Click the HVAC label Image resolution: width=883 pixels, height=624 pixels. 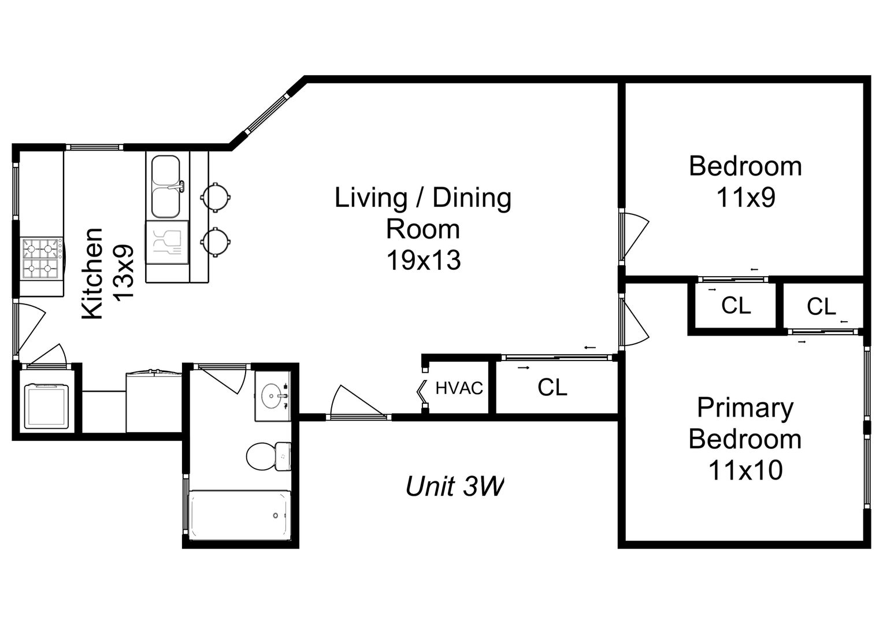click(459, 388)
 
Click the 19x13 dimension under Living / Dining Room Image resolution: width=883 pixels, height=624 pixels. click(424, 260)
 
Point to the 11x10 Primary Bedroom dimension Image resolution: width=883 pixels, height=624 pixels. click(745, 470)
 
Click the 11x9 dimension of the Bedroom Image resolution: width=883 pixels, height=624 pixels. click(746, 197)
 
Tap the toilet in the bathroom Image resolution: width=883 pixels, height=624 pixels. click(268, 456)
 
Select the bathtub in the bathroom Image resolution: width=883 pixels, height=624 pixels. click(240, 515)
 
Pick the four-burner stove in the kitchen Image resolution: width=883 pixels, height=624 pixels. click(42, 258)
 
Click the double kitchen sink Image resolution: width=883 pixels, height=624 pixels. click(167, 187)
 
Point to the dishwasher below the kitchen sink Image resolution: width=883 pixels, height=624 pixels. click(167, 242)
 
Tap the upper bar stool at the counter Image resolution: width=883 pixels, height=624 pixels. click(215, 197)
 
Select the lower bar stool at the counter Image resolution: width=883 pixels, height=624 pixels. click(215, 242)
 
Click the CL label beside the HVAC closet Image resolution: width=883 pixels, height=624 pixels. click(552, 388)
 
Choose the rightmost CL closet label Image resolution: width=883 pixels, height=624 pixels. click(821, 306)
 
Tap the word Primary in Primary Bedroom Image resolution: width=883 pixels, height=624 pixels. click(745, 408)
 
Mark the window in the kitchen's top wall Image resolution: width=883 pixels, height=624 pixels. click(95, 147)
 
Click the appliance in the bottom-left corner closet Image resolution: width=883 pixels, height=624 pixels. click(46, 406)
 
